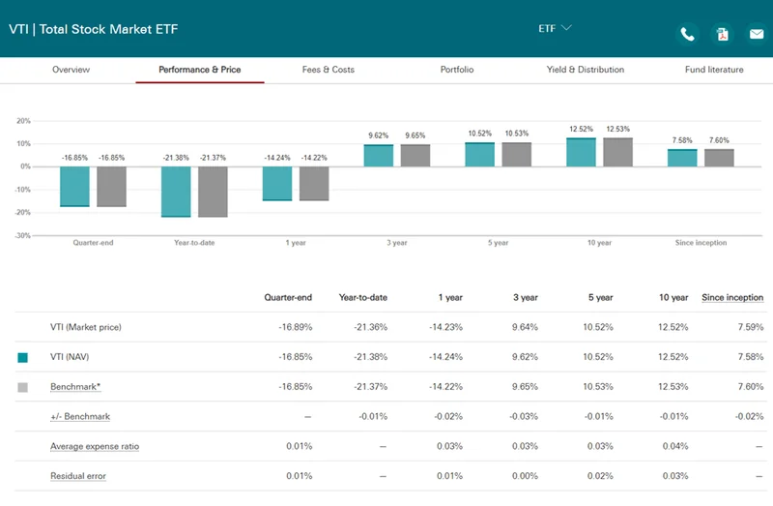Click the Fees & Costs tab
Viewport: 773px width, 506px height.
point(329,70)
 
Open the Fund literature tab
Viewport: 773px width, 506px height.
point(713,70)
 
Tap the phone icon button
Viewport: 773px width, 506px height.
point(687,35)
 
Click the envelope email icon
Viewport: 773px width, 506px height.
point(756,35)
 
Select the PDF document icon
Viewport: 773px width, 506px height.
point(722,35)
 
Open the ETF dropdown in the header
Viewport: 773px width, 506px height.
point(555,28)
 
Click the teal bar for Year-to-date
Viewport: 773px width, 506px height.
point(176,192)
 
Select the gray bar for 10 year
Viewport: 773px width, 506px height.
point(617,152)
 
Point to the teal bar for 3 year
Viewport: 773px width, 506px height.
point(378,156)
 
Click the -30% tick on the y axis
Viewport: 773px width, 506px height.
point(23,235)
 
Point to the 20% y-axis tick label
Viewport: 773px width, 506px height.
point(24,121)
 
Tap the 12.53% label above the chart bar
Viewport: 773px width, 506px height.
point(617,130)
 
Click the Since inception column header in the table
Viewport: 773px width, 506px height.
point(731,297)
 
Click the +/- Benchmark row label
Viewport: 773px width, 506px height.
point(80,417)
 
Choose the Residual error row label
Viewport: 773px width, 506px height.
point(78,476)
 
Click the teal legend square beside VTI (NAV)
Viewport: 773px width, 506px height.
point(23,357)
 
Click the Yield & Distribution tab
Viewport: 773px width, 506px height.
point(585,70)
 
